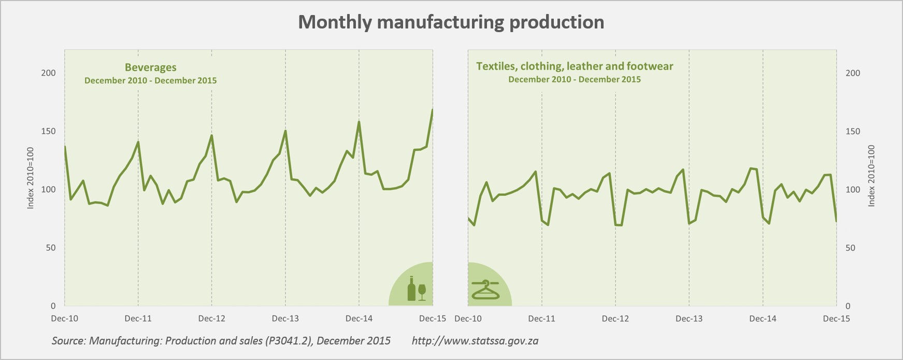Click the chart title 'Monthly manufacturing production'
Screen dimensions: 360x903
(451, 22)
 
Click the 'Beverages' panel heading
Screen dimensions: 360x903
(150, 67)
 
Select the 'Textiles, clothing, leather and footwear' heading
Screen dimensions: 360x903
(575, 66)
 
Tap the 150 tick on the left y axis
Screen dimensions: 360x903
(48, 131)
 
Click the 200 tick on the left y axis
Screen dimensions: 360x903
(48, 73)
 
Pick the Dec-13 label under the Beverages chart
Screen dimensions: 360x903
(285, 319)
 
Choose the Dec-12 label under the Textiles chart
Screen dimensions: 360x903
(615, 319)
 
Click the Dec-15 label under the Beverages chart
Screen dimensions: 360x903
(433, 319)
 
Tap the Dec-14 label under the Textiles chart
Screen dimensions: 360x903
(763, 319)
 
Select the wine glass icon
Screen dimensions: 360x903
(422, 291)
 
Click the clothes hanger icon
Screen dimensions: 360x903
(485, 290)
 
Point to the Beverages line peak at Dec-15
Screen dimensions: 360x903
(432, 110)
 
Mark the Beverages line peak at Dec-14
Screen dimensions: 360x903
(359, 122)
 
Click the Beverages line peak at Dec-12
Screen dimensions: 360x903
(211, 136)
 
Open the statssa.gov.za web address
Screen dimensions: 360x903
(475, 341)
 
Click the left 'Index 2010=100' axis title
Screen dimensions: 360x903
(31, 178)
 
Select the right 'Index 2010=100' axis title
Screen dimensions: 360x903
(871, 176)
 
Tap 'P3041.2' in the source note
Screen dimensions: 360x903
(291, 341)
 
